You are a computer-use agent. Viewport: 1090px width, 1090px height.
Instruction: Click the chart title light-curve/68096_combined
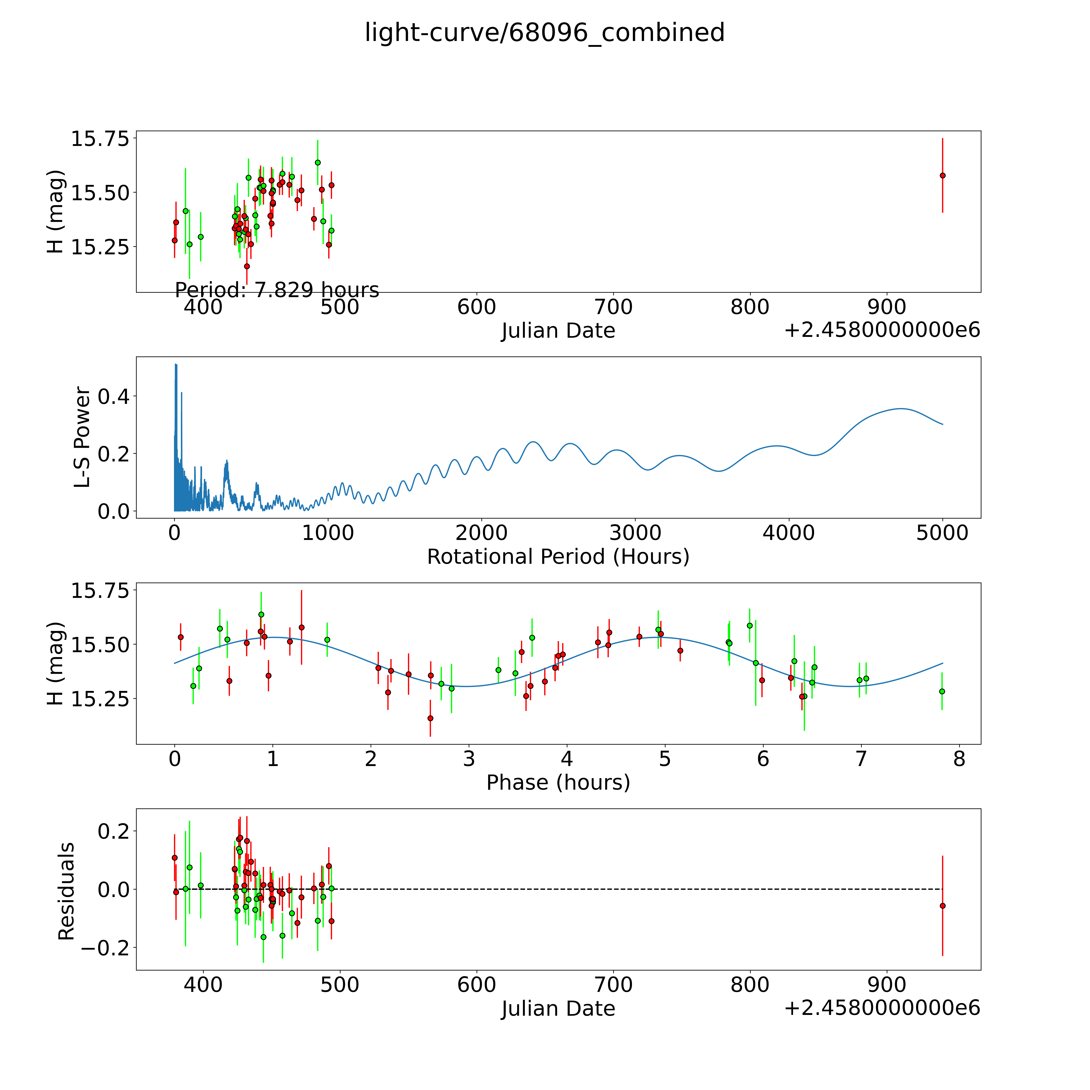[x=544, y=33]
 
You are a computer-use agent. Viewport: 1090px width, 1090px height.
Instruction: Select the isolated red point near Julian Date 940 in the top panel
[x=942, y=175]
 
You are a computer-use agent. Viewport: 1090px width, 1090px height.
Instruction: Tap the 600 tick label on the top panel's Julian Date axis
[x=477, y=307]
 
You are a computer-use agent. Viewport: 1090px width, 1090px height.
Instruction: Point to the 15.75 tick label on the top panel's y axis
[x=99, y=138]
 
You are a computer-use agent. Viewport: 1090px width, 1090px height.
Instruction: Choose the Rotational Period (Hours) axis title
[x=558, y=557]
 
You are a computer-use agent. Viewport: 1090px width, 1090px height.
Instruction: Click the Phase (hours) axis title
[x=558, y=783]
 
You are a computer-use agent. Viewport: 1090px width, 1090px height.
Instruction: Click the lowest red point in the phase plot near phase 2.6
[x=431, y=718]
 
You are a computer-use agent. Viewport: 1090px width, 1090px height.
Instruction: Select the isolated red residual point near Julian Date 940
[x=942, y=906]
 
